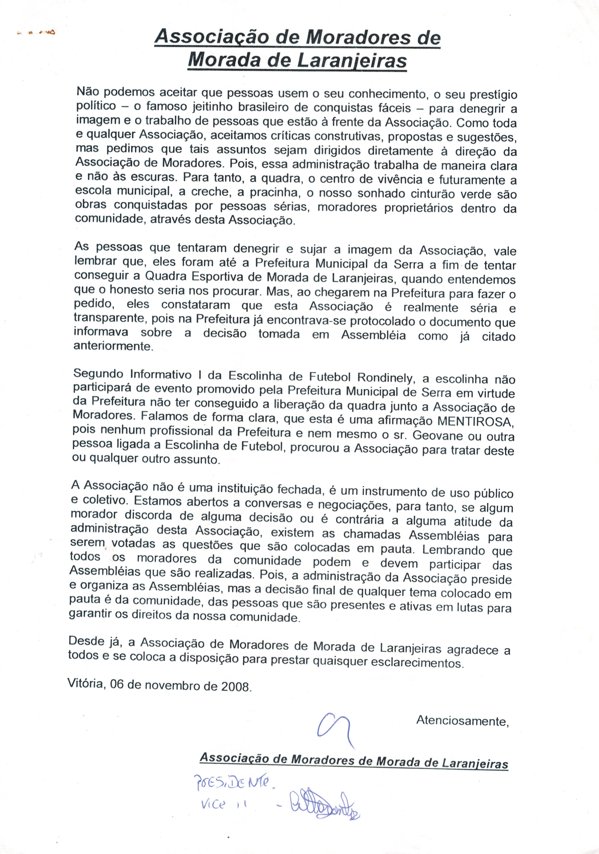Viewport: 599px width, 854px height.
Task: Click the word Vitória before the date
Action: [85, 683]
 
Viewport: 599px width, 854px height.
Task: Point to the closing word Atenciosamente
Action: [462, 721]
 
